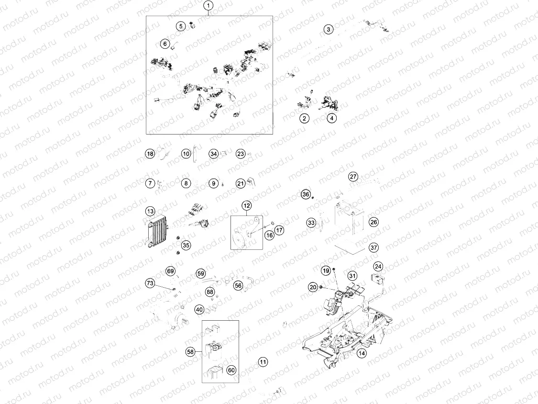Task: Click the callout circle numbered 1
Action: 209,6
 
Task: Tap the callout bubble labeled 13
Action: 150,211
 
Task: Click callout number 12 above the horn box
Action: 246,206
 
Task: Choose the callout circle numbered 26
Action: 373,222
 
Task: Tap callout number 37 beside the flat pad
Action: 373,247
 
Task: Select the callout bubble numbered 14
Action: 361,353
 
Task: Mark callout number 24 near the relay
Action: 378,266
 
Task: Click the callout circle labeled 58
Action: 190,352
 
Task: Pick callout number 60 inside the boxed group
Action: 231,370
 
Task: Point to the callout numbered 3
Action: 328,29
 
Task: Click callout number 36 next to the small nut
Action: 306,194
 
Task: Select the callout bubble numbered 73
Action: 150,284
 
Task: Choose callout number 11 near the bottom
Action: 263,362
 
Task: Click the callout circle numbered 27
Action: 353,177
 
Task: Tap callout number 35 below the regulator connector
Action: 186,245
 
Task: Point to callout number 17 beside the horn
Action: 279,230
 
